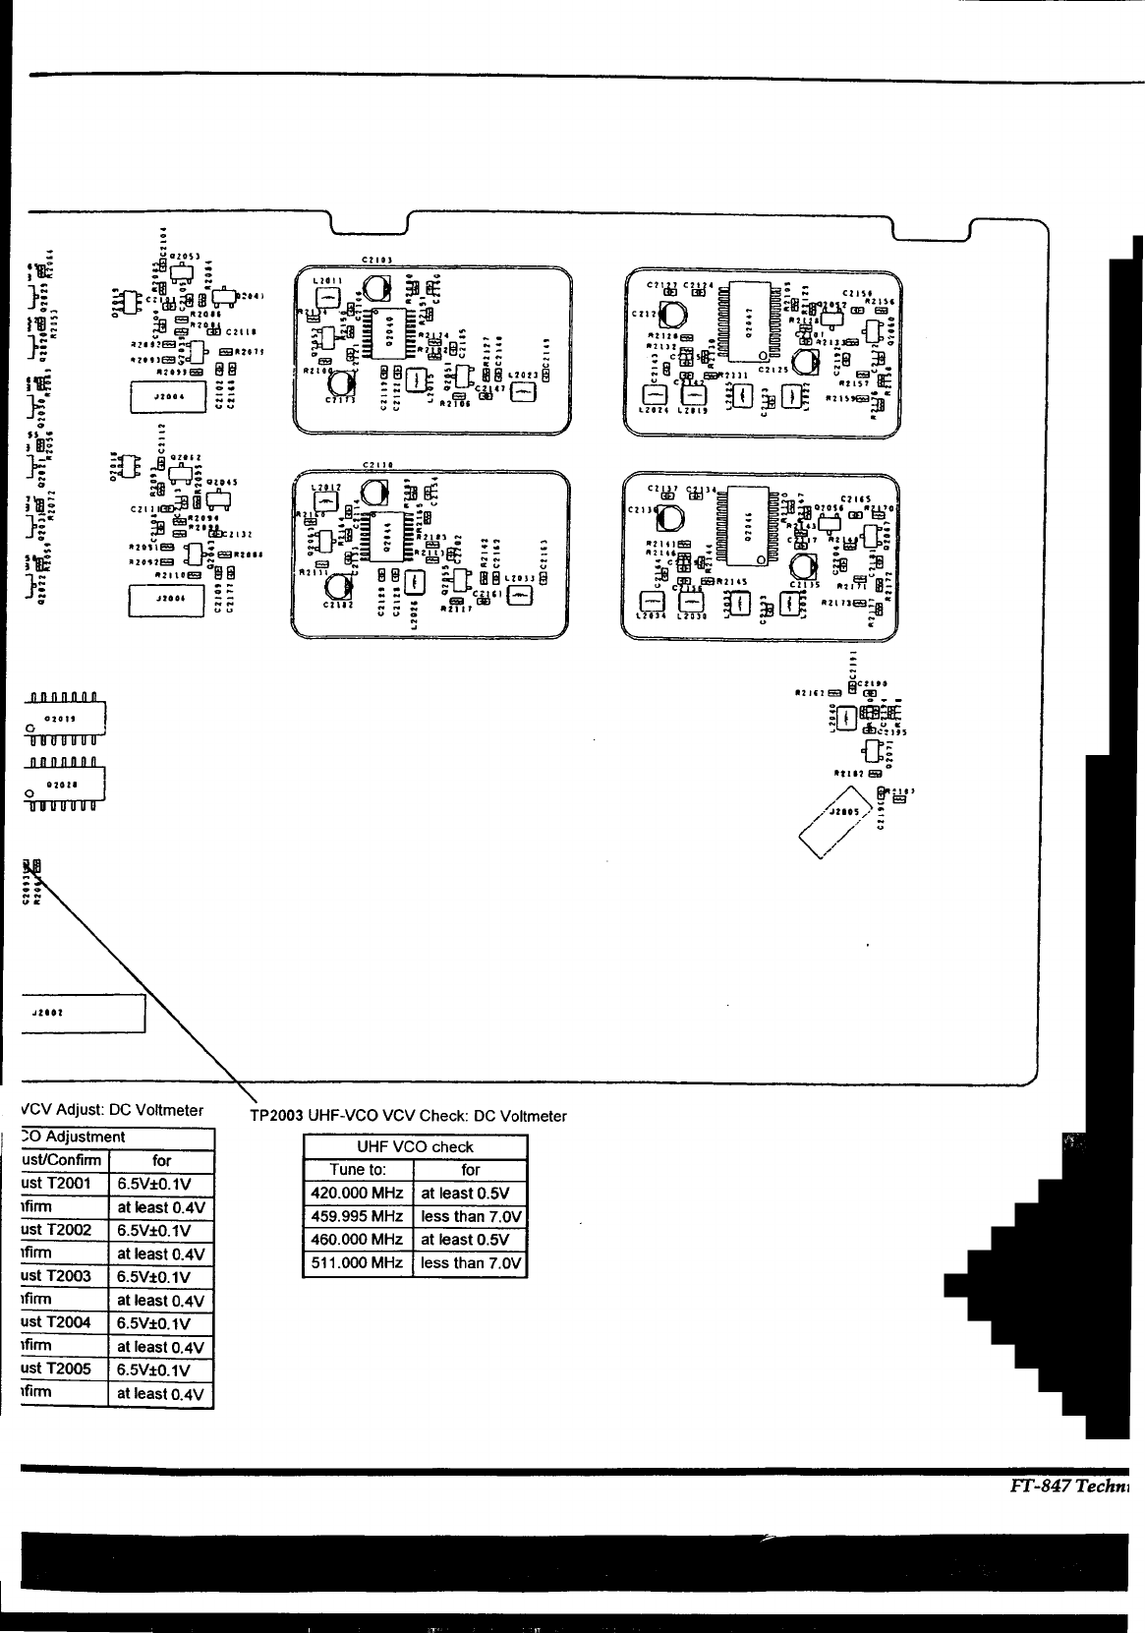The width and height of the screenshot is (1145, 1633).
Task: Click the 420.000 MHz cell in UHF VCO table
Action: pos(358,1194)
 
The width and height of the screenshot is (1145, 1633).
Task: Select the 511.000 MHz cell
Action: pos(358,1263)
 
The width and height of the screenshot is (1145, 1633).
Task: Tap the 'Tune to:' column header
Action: pos(358,1170)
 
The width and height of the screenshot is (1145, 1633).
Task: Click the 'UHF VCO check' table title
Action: pos(415,1146)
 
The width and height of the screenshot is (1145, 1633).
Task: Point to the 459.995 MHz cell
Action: pos(358,1217)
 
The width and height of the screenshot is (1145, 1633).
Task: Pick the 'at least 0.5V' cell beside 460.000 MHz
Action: pos(470,1240)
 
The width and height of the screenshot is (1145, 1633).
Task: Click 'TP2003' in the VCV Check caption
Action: pos(276,1116)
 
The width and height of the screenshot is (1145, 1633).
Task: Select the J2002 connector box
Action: pos(84,1013)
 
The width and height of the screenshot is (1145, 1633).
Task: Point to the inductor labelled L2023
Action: pos(522,390)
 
